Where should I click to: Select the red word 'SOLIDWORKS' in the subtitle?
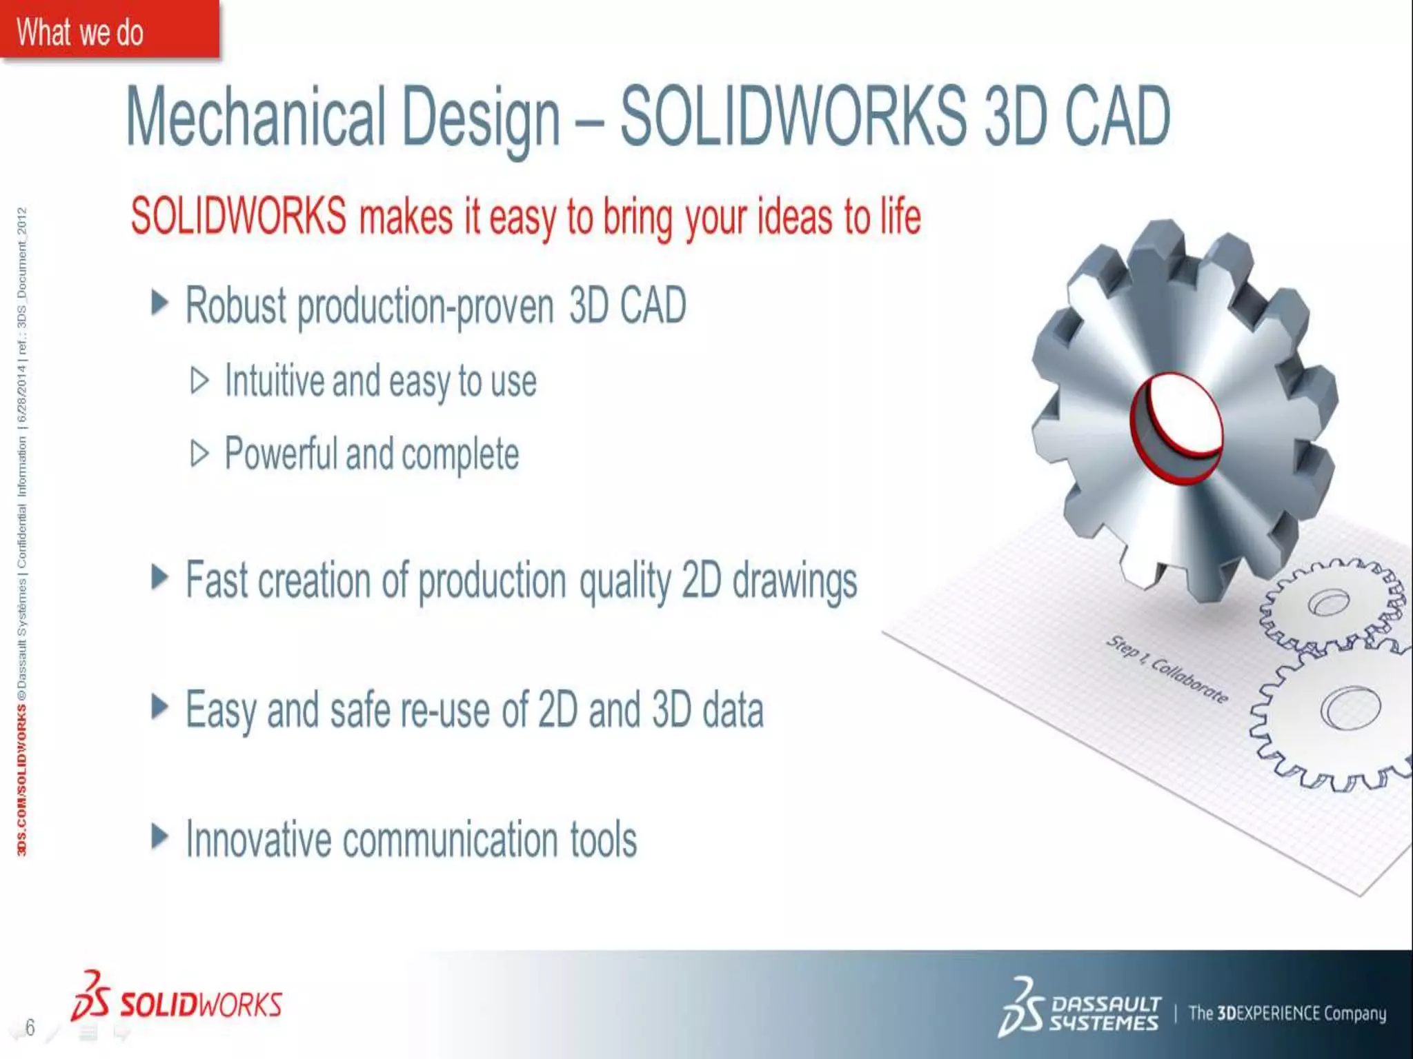[238, 216]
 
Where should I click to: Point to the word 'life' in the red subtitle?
[900, 216]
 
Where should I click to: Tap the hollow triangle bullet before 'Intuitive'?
[199, 381]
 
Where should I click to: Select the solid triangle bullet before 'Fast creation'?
[159, 578]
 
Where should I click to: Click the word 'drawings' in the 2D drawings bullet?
[794, 581]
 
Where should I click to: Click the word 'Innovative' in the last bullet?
[259, 840]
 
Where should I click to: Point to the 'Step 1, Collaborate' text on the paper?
[1167, 668]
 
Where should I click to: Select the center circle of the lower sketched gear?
[1350, 707]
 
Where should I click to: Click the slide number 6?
[30, 1027]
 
